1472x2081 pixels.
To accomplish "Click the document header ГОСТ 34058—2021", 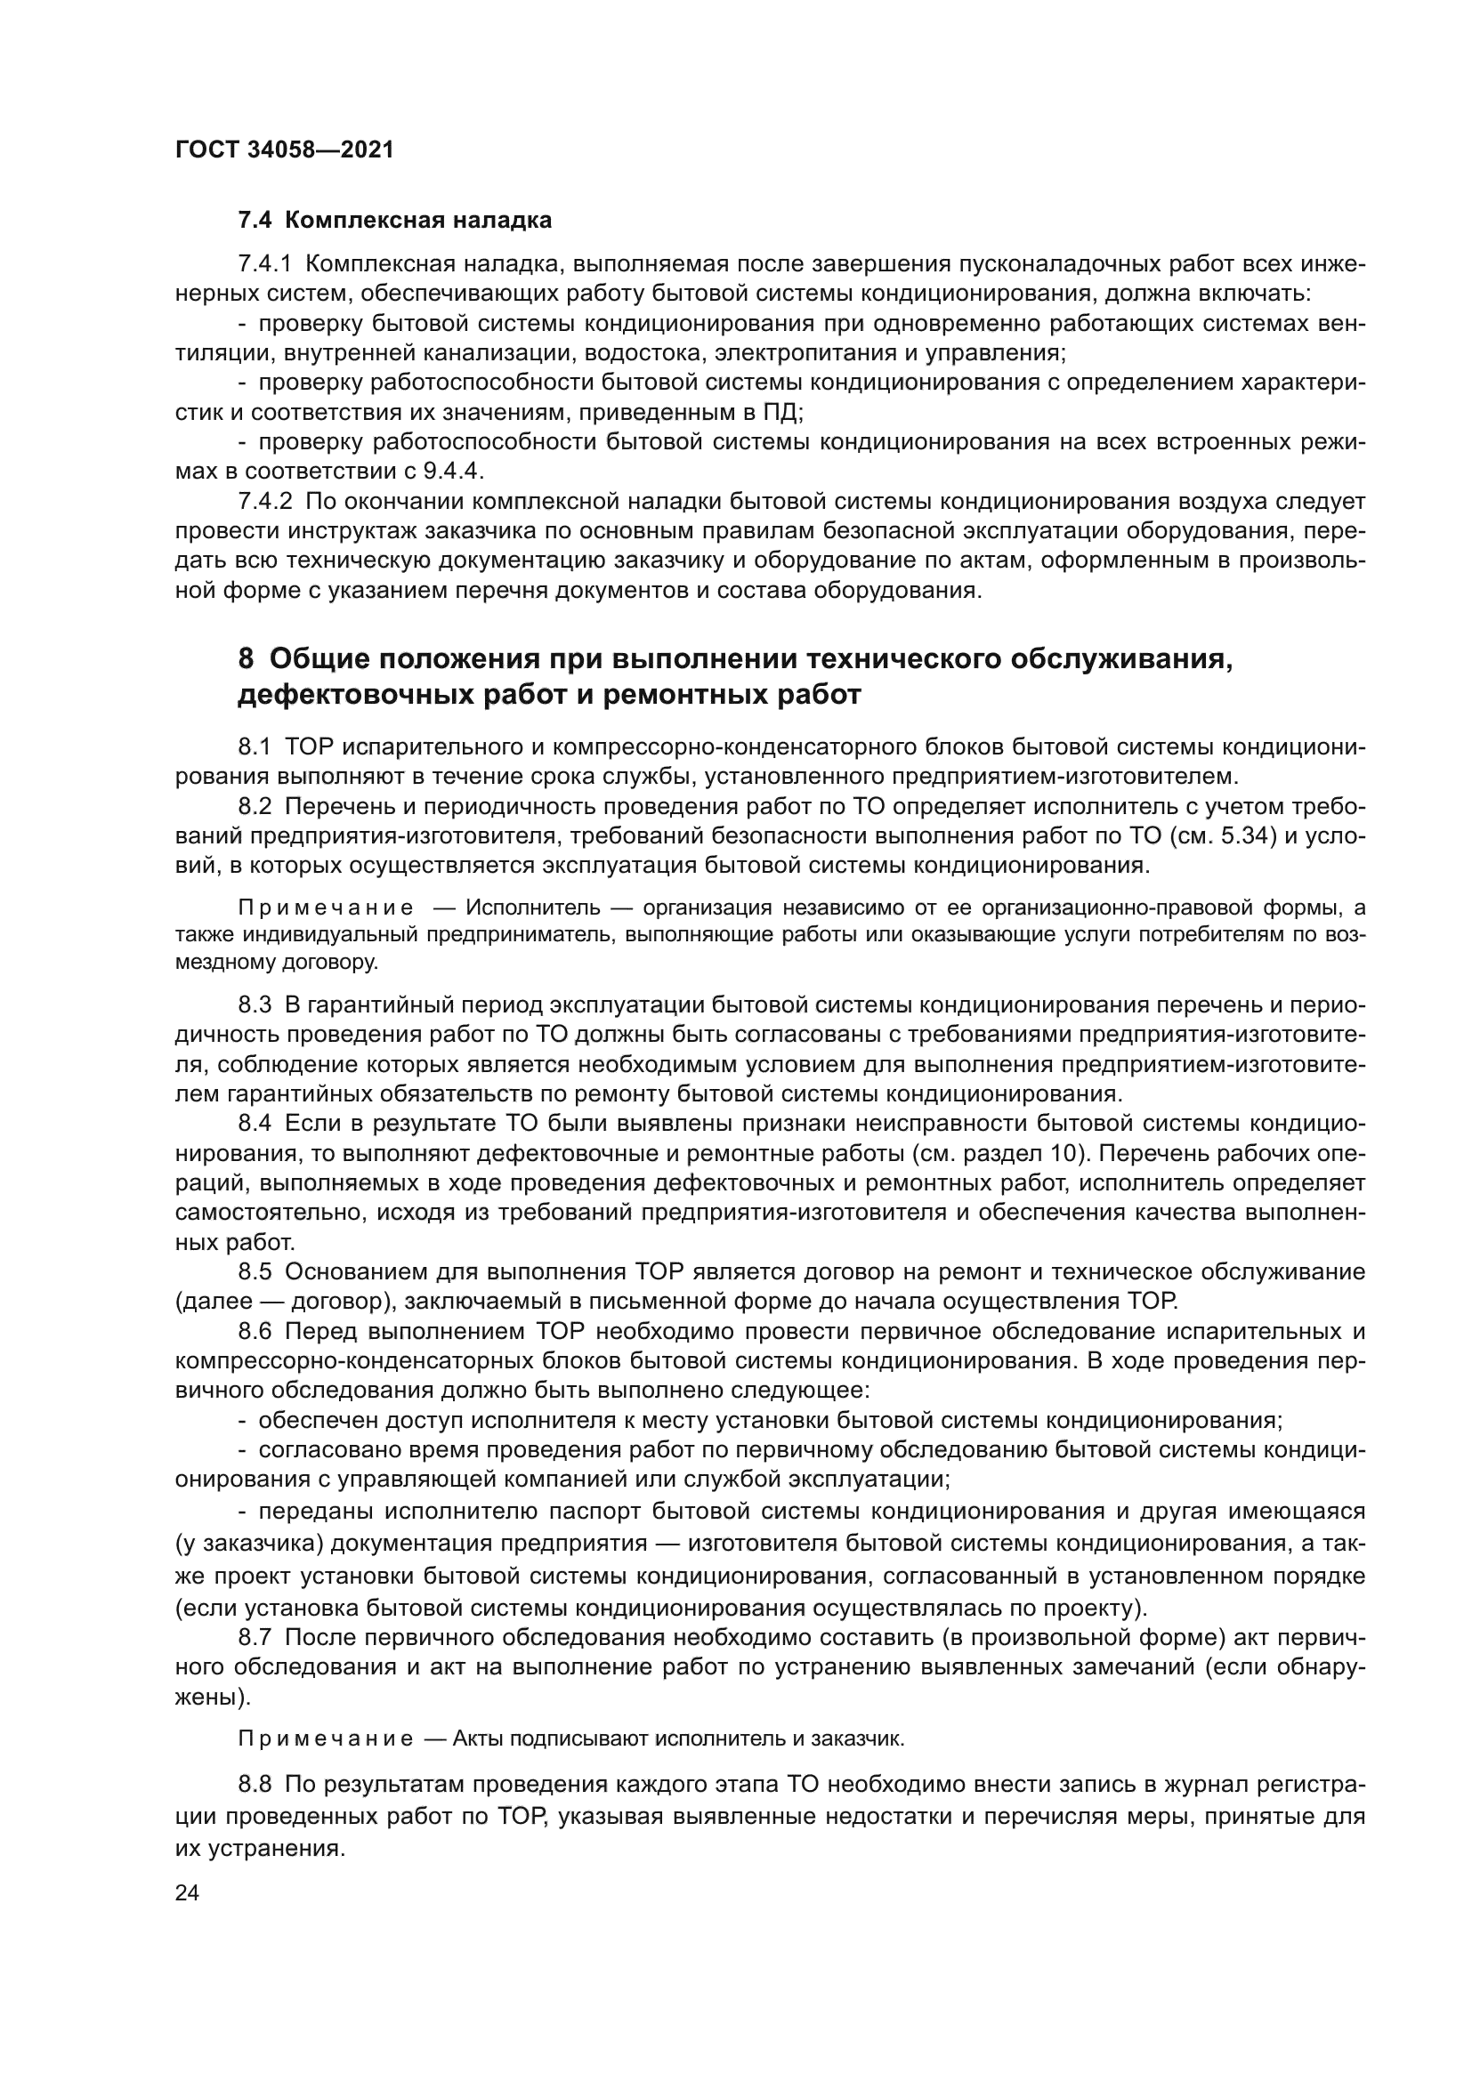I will (285, 149).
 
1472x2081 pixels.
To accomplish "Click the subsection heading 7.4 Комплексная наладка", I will (394, 221).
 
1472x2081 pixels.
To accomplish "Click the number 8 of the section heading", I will (246, 659).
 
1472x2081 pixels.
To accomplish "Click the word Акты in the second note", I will (480, 1739).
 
